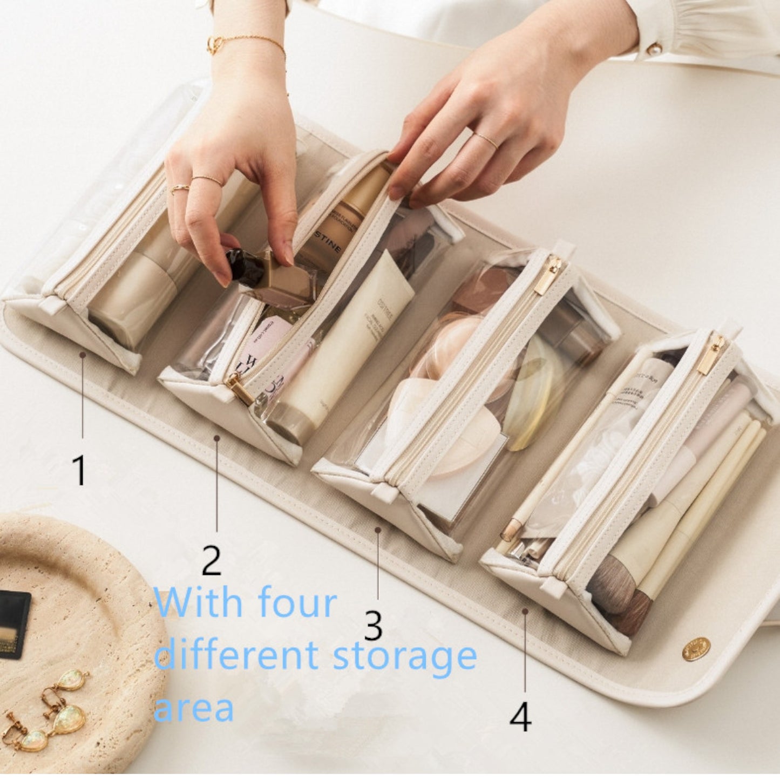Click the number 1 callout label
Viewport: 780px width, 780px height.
[x=79, y=470]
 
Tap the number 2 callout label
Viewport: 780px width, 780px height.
[x=211, y=560]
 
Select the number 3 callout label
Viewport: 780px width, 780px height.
[x=373, y=626]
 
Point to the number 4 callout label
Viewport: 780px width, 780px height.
[x=520, y=717]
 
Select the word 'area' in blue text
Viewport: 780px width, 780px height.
[x=194, y=708]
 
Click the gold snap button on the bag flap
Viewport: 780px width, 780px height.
[x=696, y=649]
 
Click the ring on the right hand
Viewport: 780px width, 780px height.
[x=485, y=140]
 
